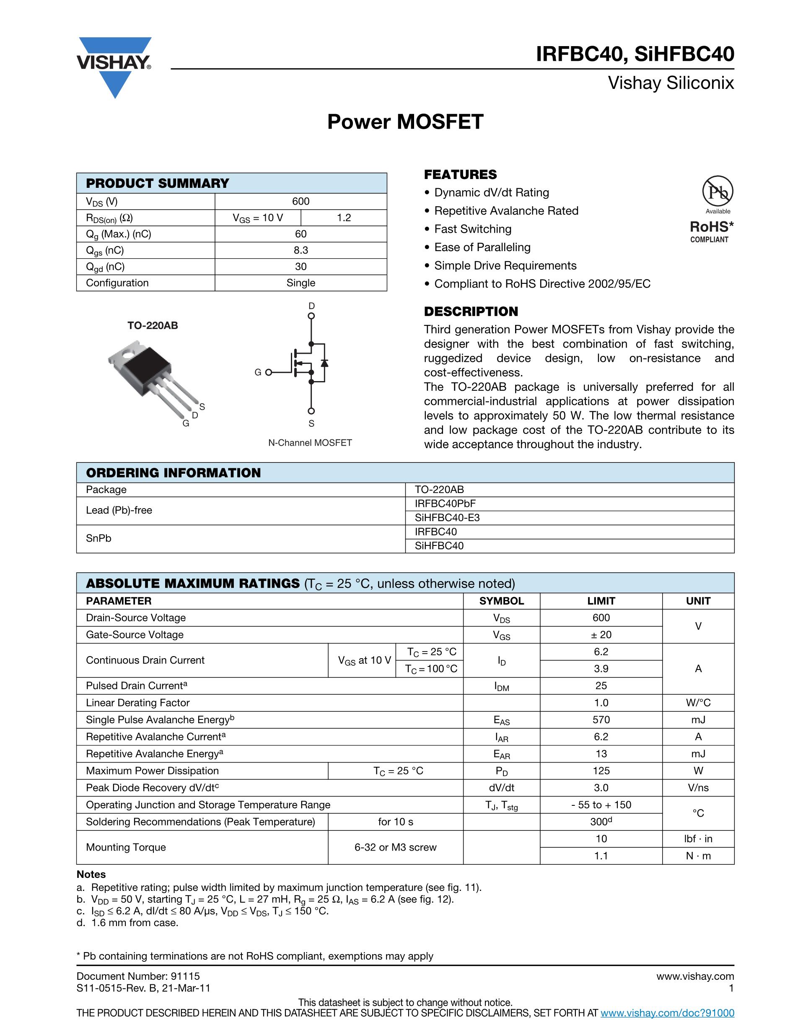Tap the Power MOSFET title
pyautogui.click(x=405, y=122)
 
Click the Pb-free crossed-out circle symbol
pyautogui.click(x=718, y=192)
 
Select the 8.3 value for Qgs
pyautogui.click(x=301, y=250)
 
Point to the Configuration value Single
pyautogui.click(x=301, y=283)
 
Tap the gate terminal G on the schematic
pyautogui.click(x=268, y=372)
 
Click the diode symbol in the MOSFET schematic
pyautogui.click(x=324, y=363)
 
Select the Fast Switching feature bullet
pyautogui.click(x=472, y=229)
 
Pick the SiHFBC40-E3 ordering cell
pyautogui.click(x=447, y=517)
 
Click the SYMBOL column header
pyautogui.click(x=501, y=601)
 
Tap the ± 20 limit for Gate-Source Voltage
pyautogui.click(x=601, y=635)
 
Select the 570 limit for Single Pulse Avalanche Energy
pyautogui.click(x=601, y=719)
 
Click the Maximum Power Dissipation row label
pyautogui.click(x=152, y=771)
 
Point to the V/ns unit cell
pyautogui.click(x=698, y=787)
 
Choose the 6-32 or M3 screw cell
pyautogui.click(x=395, y=847)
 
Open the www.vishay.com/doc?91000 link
pyautogui.click(x=667, y=1012)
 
